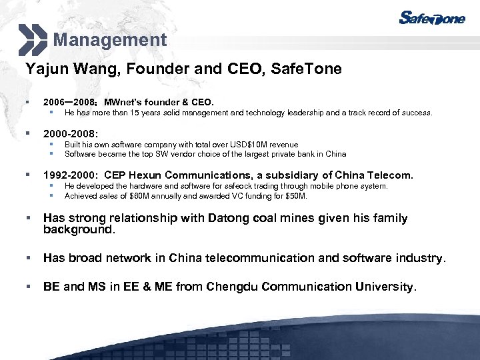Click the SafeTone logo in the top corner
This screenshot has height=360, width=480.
[431, 19]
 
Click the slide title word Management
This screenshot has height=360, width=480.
[110, 40]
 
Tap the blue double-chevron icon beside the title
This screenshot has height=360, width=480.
[33, 39]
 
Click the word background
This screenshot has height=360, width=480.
[78, 230]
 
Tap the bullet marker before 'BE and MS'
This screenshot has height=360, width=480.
[29, 287]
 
